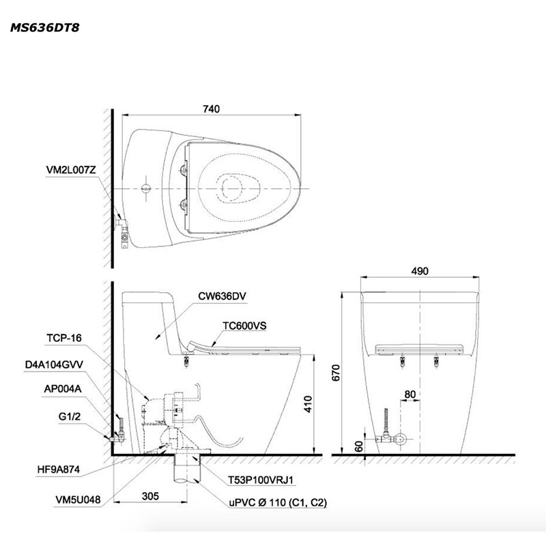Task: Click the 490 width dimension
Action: [x=420, y=271]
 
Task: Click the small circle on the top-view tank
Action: [x=145, y=187]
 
